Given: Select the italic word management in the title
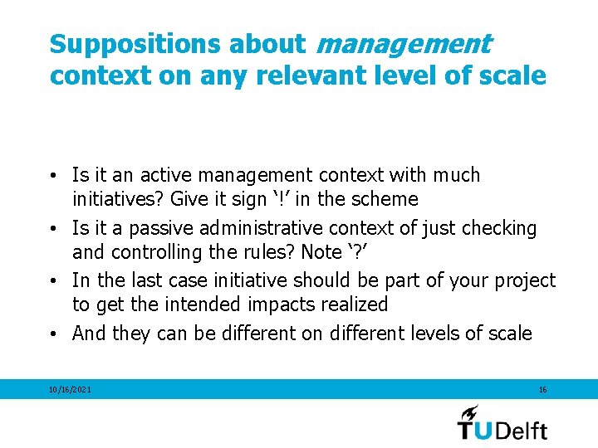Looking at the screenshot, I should [404, 43].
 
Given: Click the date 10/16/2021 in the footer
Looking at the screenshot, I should [70, 389].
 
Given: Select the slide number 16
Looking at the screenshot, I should [542, 389].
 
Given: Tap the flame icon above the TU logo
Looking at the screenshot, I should [469, 412].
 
